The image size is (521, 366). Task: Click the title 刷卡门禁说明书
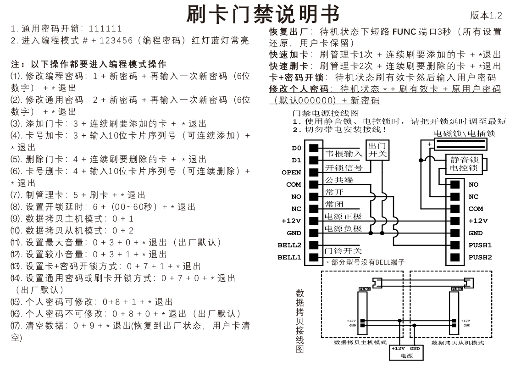pos(263,14)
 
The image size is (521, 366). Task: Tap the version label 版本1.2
pos(486,16)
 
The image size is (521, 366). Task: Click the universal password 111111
pos(106,29)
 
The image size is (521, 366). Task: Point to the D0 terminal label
pos(296,148)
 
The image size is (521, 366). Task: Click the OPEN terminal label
pos(291,172)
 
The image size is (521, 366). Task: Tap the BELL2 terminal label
pos(289,245)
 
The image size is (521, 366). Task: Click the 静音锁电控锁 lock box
pos(465,164)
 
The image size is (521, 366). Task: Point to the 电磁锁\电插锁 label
pos(464,133)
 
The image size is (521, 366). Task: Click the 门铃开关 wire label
pos(343,251)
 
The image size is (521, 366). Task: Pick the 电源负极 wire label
pos(343,228)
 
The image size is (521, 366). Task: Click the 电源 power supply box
pos(406,352)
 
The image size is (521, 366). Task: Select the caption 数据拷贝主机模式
pos(360,342)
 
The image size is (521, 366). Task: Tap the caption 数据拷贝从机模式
pos(457,342)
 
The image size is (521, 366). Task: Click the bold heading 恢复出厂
pos(287,32)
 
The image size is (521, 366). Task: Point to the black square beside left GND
pos(314,233)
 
